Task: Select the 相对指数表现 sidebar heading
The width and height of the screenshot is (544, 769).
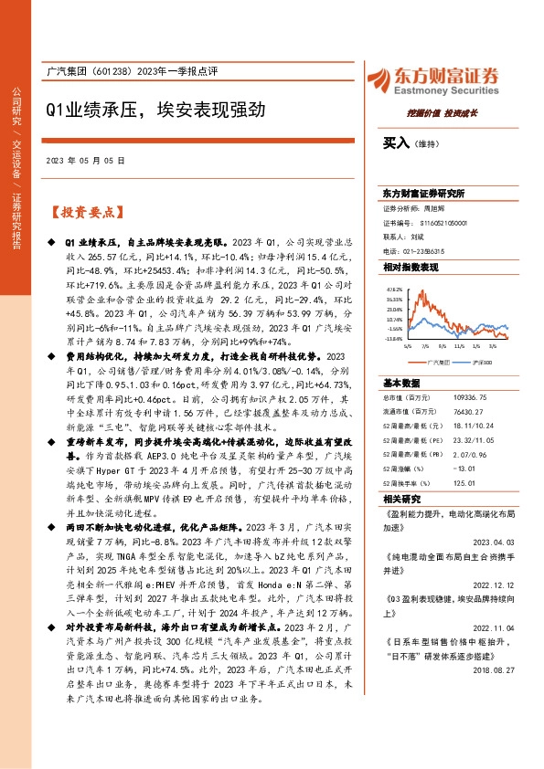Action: pyautogui.click(x=411, y=266)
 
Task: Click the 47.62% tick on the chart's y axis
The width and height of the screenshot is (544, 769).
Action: pyautogui.click(x=394, y=287)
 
